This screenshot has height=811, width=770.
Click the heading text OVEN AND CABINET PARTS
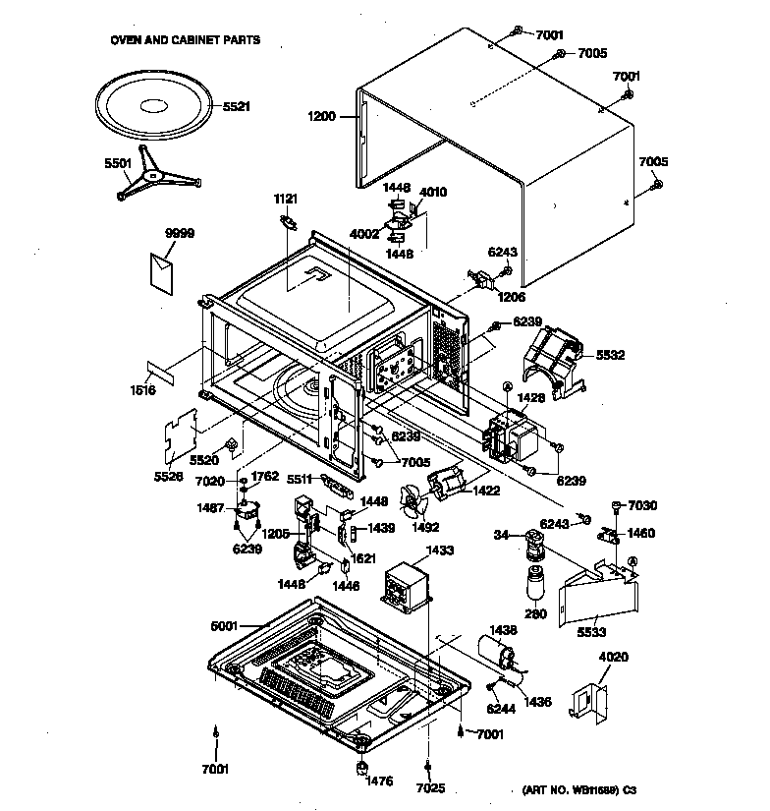click(x=185, y=41)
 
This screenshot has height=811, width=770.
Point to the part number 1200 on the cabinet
click(x=322, y=116)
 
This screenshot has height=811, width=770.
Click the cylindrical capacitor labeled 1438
click(x=496, y=649)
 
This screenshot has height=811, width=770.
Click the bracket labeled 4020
click(x=590, y=696)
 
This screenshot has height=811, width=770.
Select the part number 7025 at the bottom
click(x=428, y=787)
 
